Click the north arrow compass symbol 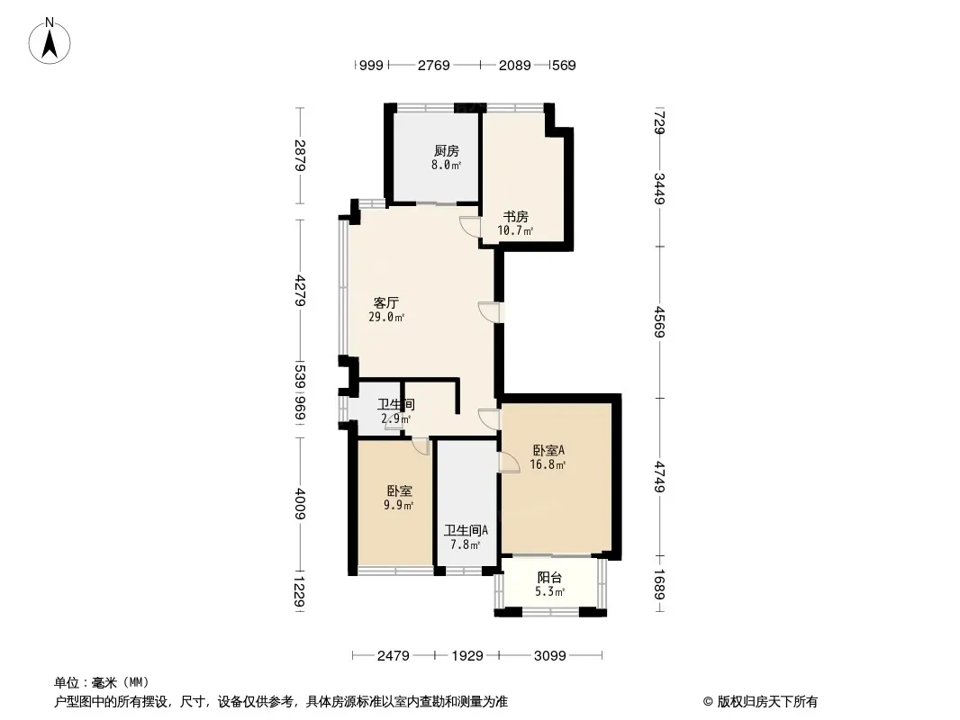(50, 41)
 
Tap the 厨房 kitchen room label (447, 150)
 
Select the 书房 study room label (515, 217)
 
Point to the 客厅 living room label (386, 302)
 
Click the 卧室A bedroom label (548, 450)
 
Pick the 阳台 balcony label (550, 578)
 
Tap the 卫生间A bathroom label (466, 530)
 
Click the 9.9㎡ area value (399, 505)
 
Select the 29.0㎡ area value (386, 317)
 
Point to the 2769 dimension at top (433, 66)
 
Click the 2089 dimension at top (514, 66)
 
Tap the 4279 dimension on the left (300, 291)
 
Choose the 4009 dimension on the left (300, 503)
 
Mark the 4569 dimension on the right (659, 322)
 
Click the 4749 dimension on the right (659, 476)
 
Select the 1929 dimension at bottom (467, 656)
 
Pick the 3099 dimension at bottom (550, 656)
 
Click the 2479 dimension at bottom (393, 656)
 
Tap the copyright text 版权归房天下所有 (767, 702)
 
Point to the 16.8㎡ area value (548, 464)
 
